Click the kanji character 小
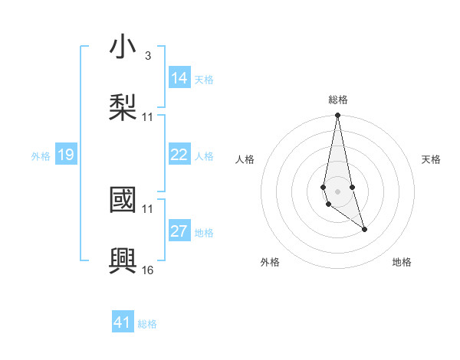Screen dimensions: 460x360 (123, 47)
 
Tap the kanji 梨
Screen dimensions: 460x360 (123, 106)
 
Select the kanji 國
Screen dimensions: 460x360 (123, 200)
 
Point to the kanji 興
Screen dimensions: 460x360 (123, 259)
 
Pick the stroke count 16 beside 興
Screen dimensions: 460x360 (148, 270)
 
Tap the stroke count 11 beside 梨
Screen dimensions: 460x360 (148, 117)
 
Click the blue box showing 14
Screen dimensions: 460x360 (179, 77)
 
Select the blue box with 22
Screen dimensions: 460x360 (179, 155)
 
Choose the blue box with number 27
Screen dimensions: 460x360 (179, 231)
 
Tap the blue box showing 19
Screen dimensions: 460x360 (65, 155)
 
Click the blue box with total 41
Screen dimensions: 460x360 (123, 322)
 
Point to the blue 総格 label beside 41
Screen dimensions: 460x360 (147, 324)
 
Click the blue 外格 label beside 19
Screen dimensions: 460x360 (40, 156)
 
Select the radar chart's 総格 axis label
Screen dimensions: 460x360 (338, 100)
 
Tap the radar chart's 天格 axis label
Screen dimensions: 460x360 (431, 159)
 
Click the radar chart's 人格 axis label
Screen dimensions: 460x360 (245, 159)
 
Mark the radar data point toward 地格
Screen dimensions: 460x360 (364, 229)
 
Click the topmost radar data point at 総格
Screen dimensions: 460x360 (337, 115)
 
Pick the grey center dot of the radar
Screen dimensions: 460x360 (337, 191)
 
